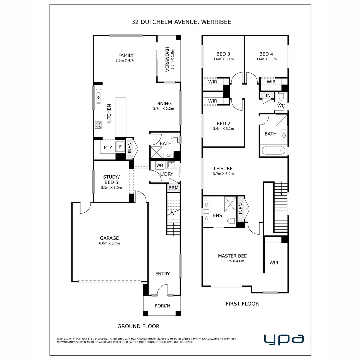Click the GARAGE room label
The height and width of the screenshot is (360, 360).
click(x=109, y=238)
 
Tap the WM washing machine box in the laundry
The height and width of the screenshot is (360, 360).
click(x=160, y=165)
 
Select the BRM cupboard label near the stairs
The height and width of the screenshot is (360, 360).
click(x=173, y=188)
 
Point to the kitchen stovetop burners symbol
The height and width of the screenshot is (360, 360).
click(x=98, y=125)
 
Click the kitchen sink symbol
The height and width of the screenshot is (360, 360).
click(x=98, y=96)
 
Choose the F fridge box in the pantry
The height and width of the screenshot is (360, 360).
click(x=120, y=147)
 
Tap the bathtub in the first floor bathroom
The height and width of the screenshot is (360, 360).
click(x=273, y=151)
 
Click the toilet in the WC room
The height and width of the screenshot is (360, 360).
click(x=281, y=96)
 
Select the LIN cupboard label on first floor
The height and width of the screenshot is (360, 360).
click(x=267, y=96)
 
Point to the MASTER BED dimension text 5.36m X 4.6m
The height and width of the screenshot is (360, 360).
click(x=233, y=261)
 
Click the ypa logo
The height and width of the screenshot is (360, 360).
click(x=284, y=339)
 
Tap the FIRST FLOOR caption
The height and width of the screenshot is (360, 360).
click(x=242, y=304)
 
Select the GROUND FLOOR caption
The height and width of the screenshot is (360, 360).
click(x=138, y=326)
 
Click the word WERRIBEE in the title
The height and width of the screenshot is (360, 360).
click(x=216, y=22)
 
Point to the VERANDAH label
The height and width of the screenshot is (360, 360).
click(x=167, y=59)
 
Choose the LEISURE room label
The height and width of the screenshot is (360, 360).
click(x=223, y=169)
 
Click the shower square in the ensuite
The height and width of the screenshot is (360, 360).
click(x=230, y=204)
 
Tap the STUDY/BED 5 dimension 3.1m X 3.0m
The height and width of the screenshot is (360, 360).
click(x=111, y=188)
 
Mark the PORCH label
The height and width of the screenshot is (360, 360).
click(x=162, y=306)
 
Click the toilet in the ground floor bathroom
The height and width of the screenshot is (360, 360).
click(x=176, y=140)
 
